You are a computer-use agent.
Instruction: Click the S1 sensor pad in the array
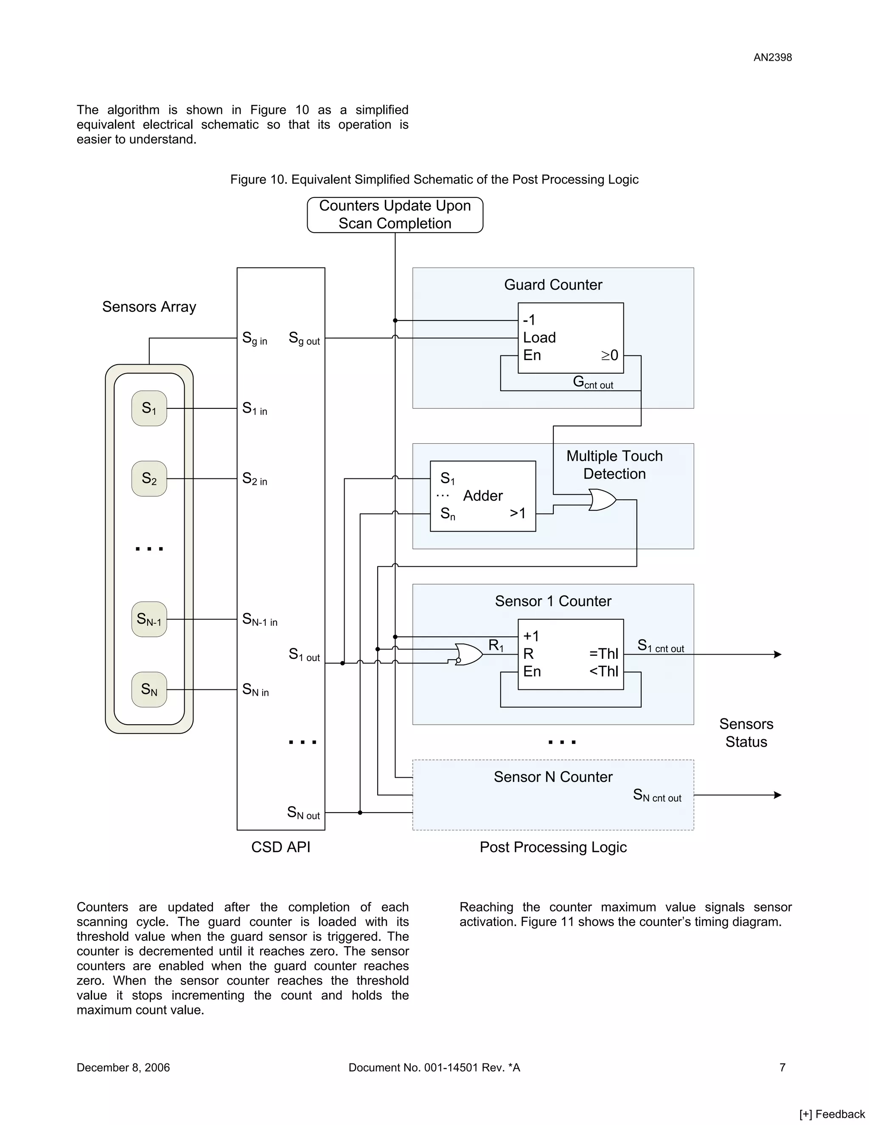coord(149,408)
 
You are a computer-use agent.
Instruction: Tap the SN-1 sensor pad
coord(149,619)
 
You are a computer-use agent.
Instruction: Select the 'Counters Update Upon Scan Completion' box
coord(395,215)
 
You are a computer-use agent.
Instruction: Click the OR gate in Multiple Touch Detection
coord(602,500)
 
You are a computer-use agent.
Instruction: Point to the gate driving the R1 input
coord(468,654)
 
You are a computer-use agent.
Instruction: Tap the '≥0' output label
coord(610,355)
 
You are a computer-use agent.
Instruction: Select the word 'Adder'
coord(482,495)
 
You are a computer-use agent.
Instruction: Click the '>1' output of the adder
coord(517,513)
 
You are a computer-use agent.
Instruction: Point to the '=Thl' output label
coord(603,654)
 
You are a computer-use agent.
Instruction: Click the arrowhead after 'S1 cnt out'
coord(778,654)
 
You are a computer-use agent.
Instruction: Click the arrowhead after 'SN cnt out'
coord(778,795)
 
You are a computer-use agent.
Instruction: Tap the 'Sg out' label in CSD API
coord(304,338)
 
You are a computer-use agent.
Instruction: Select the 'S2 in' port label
coord(254,479)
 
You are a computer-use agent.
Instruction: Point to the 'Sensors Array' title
coord(149,307)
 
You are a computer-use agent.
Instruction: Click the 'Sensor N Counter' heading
coord(553,777)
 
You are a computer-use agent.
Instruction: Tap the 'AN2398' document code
coord(772,57)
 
